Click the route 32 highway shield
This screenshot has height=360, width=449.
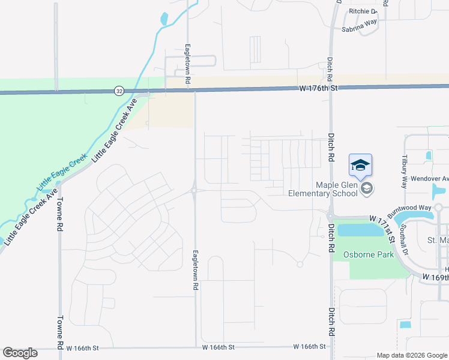pos(119,91)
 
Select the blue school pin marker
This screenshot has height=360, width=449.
pos(360,166)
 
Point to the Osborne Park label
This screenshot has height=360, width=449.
pos(368,254)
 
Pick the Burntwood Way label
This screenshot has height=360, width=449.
pos(409,211)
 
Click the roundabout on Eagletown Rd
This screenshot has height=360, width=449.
pos(194,191)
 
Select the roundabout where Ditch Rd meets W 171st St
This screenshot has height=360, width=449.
pos(330,216)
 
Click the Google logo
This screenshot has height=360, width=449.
pos(20,353)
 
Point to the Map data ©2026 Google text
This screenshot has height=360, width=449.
pos(411,355)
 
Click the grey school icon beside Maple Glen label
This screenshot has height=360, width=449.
pos(367,189)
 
